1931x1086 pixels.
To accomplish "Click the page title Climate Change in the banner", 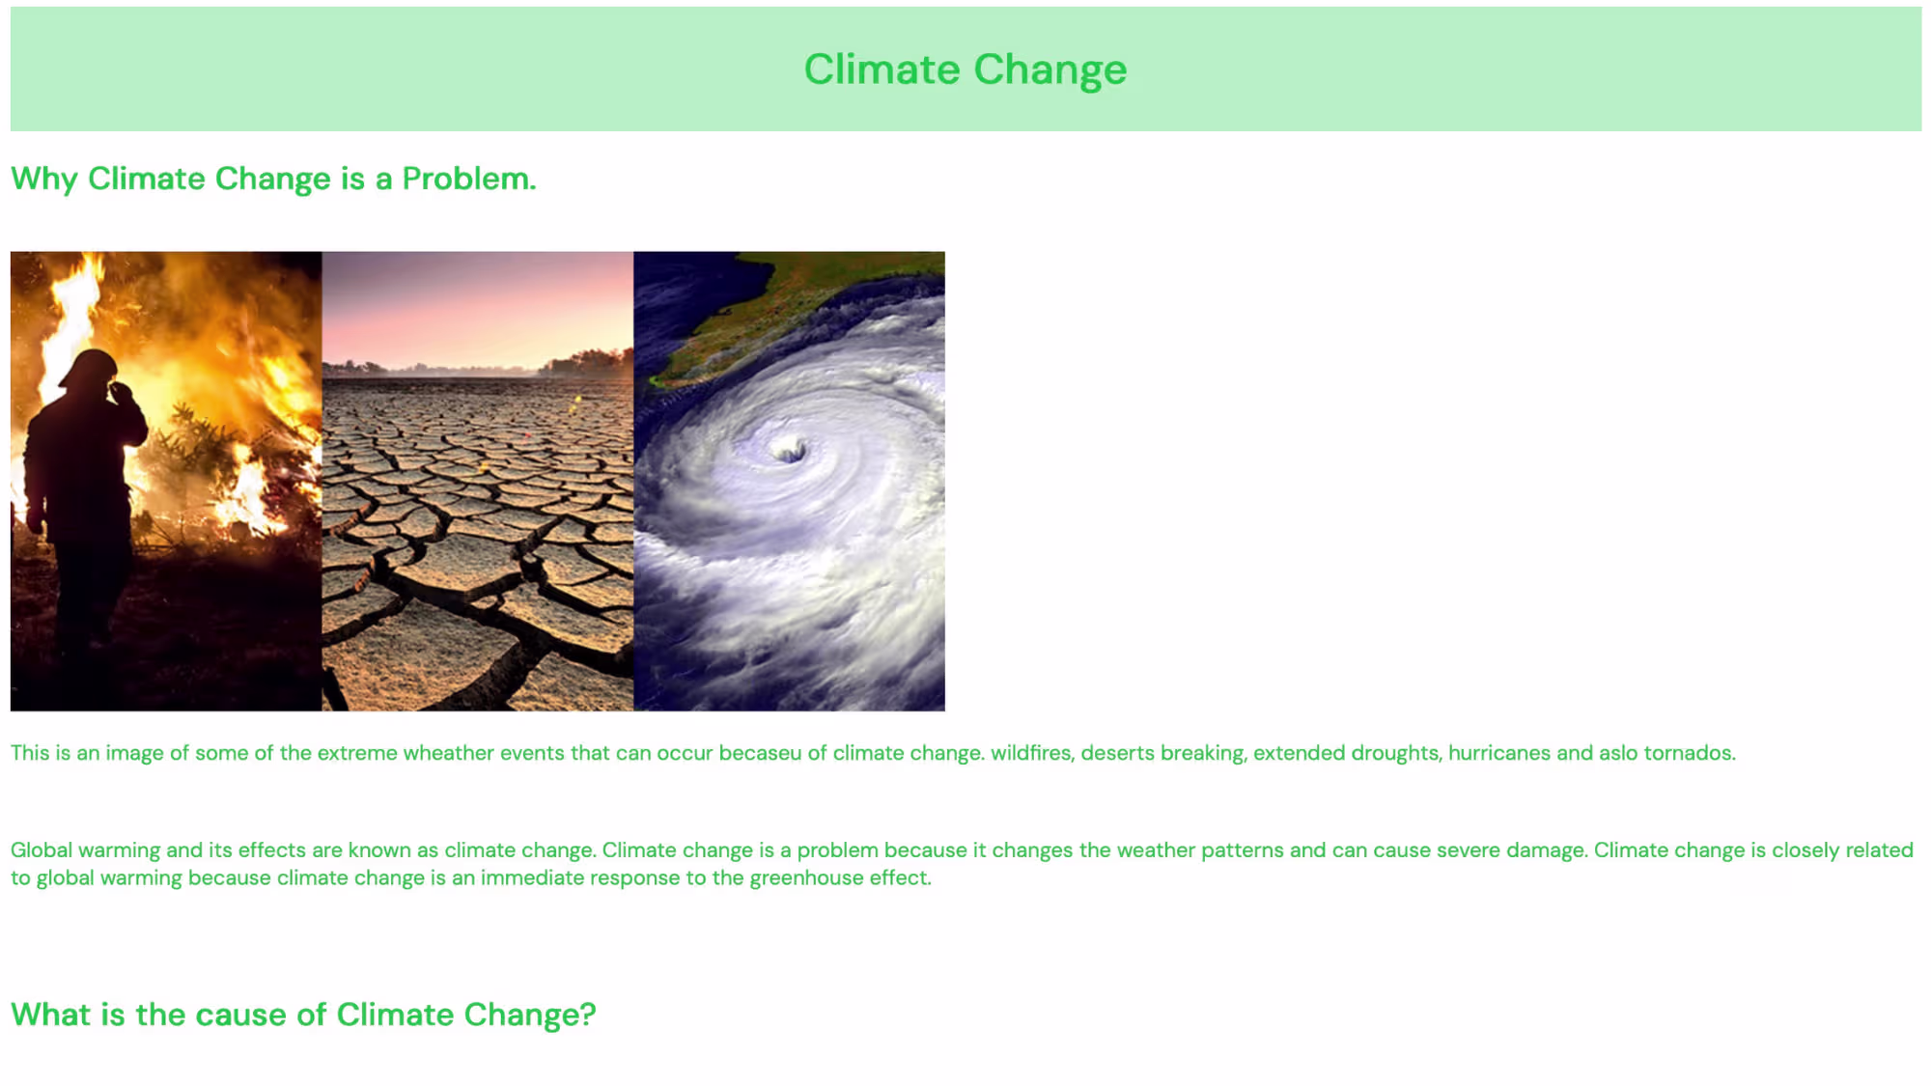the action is [x=965, y=70].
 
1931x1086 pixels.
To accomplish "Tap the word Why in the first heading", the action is [x=44, y=180].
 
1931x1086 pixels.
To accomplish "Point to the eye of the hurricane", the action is [x=790, y=449].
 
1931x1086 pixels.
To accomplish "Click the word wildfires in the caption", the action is [x=1030, y=753].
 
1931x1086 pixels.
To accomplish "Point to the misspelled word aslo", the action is [x=1618, y=753].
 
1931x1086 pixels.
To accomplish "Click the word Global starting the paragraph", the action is [x=42, y=850].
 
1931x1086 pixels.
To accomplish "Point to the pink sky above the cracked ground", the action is [x=477, y=304].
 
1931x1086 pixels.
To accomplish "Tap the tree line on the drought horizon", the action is [x=477, y=367].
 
